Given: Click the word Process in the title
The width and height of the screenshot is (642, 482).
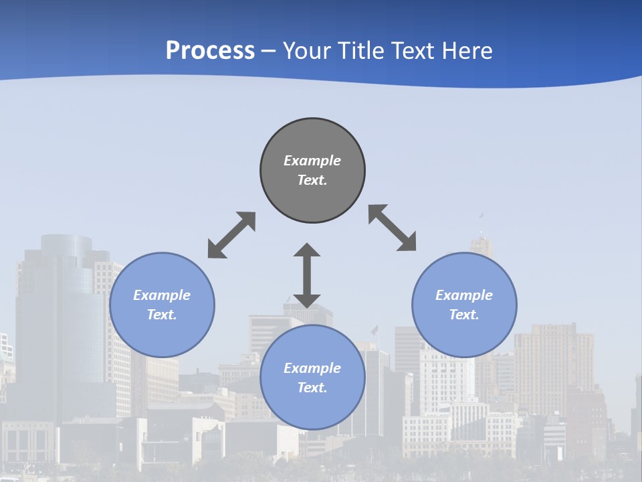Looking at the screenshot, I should click(x=210, y=51).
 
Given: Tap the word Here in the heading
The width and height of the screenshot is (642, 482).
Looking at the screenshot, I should click(x=468, y=51).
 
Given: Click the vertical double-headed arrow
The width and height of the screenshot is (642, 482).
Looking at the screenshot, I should click(x=307, y=275).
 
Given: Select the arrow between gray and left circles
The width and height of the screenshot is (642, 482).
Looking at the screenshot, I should click(x=231, y=235).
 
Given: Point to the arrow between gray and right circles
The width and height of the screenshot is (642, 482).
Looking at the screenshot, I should click(x=392, y=228).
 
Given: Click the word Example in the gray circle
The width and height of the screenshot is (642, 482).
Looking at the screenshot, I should click(x=312, y=161).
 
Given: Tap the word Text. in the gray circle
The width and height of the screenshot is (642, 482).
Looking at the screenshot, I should click(x=312, y=180).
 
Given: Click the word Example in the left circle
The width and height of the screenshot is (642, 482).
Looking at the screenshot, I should click(x=162, y=295).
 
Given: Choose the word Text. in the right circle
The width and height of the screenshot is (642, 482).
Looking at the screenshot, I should click(x=464, y=315).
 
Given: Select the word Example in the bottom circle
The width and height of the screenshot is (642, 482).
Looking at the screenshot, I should click(x=312, y=368).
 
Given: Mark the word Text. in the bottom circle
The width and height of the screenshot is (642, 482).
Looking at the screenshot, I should click(x=312, y=388).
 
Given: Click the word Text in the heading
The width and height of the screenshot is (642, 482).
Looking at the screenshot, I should click(x=415, y=51).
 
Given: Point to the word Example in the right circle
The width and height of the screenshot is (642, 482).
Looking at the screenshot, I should click(x=464, y=295).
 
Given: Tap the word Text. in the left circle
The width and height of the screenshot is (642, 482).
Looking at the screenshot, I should click(x=162, y=315).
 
